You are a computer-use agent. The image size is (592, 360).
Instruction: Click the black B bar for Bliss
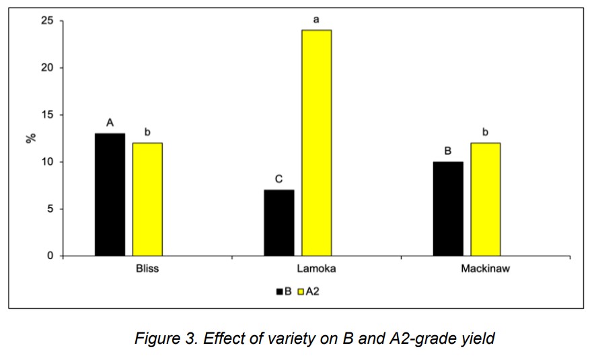[x=110, y=194]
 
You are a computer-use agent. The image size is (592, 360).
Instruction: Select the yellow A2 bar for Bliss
[x=147, y=199]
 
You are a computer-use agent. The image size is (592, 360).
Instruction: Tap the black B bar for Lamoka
[x=279, y=223]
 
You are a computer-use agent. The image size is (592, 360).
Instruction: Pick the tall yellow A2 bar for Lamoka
[x=316, y=143]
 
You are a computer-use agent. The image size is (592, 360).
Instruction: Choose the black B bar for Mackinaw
[x=448, y=209]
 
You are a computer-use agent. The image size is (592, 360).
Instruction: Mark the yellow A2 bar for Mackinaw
[x=486, y=199]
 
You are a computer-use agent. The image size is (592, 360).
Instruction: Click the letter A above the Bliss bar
[x=110, y=123]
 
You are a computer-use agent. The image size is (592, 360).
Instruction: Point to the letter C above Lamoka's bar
[x=279, y=180]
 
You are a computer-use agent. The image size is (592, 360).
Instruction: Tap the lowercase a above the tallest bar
[x=316, y=20]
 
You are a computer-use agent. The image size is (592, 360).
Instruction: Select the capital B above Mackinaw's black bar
[x=448, y=151]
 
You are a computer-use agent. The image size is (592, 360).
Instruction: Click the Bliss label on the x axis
[x=147, y=268]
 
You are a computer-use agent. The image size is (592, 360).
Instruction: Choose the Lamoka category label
[x=316, y=268]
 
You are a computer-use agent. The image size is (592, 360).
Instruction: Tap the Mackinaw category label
[x=486, y=268]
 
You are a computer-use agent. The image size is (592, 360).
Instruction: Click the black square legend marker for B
[x=279, y=291]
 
